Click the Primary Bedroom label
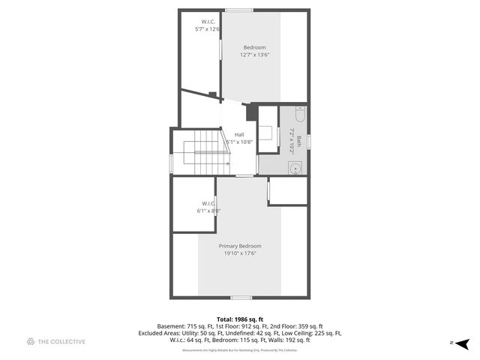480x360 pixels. [240, 246]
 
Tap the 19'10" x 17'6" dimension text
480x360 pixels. [240, 253]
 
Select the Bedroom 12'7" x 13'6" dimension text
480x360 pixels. [254, 55]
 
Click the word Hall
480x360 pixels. [239, 134]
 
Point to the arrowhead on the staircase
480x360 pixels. [226, 163]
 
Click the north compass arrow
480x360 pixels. [463, 343]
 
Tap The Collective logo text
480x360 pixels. [61, 342]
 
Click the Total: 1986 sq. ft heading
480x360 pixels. [240, 319]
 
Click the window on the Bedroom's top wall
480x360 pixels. [239, 10]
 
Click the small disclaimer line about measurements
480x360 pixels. [240, 350]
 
